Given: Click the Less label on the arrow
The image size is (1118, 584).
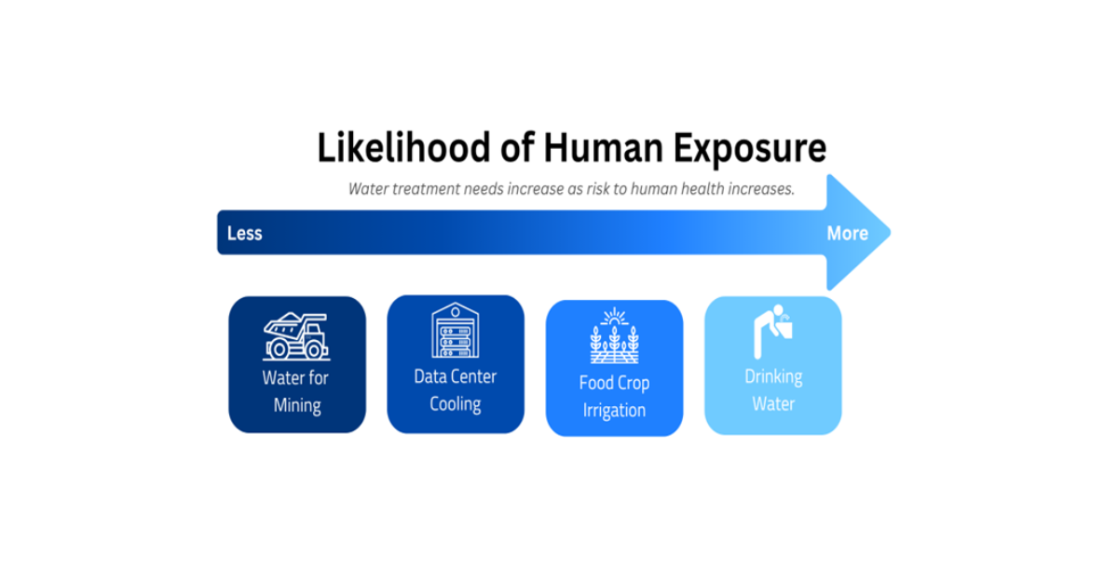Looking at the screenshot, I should (245, 233).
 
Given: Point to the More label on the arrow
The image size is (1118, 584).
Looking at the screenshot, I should (847, 233).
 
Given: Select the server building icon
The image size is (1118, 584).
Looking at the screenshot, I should (455, 331).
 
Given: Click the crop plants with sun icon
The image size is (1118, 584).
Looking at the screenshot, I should (614, 337).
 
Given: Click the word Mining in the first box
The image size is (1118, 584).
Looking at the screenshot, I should (297, 406).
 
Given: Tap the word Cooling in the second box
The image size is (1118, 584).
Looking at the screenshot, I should (456, 404).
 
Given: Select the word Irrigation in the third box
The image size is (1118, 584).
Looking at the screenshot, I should (614, 411).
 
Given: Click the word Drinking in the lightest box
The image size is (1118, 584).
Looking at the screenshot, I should (773, 376).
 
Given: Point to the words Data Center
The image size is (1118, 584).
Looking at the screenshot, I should (456, 376).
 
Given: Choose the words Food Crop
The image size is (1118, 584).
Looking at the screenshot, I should (614, 383).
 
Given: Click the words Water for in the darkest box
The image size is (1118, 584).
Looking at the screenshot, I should (295, 378).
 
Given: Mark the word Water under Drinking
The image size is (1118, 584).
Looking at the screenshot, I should (773, 404).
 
